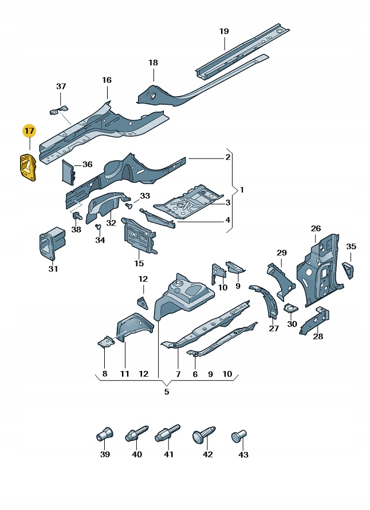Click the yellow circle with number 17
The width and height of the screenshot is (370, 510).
29,131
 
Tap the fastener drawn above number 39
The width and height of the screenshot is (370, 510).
104,434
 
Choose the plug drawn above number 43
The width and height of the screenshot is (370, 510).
239,437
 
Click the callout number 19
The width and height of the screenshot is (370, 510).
224,31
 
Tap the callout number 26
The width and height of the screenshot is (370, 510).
316,229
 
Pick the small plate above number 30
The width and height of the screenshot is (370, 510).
290,309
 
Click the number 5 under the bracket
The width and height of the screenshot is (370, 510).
167,392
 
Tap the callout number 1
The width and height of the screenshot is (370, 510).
241,189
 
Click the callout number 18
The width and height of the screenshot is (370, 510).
153,62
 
